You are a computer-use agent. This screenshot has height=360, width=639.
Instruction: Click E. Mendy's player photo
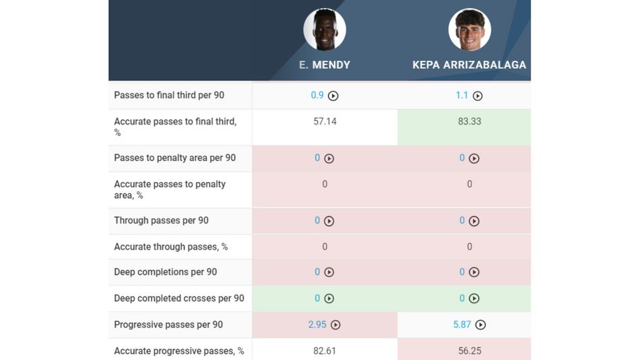click(325, 30)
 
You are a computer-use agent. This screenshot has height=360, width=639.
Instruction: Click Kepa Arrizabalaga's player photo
click(469, 30)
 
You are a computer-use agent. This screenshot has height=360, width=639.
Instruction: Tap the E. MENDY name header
click(325, 66)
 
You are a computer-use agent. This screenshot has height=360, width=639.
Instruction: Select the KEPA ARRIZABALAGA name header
click(469, 66)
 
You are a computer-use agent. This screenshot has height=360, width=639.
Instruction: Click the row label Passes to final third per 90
click(169, 95)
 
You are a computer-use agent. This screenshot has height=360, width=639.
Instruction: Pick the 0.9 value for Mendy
click(317, 95)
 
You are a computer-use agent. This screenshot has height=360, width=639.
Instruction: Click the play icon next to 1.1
click(477, 96)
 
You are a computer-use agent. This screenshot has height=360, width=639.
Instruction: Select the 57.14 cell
click(325, 122)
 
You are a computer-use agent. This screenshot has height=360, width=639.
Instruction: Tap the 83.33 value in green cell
click(469, 122)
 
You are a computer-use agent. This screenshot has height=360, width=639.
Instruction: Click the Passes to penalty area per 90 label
click(174, 158)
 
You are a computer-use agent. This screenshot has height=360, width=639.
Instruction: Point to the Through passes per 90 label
click(161, 221)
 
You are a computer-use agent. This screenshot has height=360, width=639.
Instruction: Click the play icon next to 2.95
click(335, 325)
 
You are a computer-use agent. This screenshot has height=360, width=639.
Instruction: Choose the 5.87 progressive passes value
click(462, 325)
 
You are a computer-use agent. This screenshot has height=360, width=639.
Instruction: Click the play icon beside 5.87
click(480, 325)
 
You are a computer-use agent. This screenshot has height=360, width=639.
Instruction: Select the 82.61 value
click(325, 351)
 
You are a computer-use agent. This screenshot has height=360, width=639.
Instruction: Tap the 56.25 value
click(469, 351)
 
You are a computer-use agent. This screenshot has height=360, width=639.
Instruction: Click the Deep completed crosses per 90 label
click(179, 298)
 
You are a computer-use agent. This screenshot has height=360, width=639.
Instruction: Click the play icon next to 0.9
click(333, 96)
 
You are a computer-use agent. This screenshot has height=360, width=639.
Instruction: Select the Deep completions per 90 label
click(166, 272)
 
